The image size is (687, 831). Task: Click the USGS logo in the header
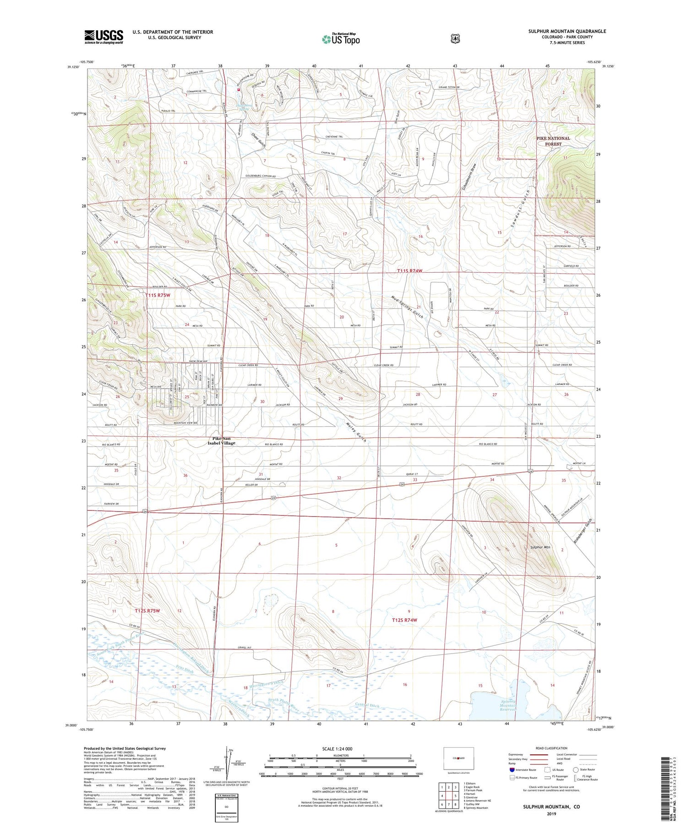click(104, 37)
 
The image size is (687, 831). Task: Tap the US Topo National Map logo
click(341, 39)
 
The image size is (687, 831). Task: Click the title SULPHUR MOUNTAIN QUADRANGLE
click(567, 31)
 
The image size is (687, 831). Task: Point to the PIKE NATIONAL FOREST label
click(553, 141)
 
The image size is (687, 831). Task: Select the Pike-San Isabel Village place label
click(221, 440)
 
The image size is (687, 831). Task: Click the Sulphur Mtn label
click(540, 547)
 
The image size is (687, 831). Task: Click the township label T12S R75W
click(147, 611)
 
